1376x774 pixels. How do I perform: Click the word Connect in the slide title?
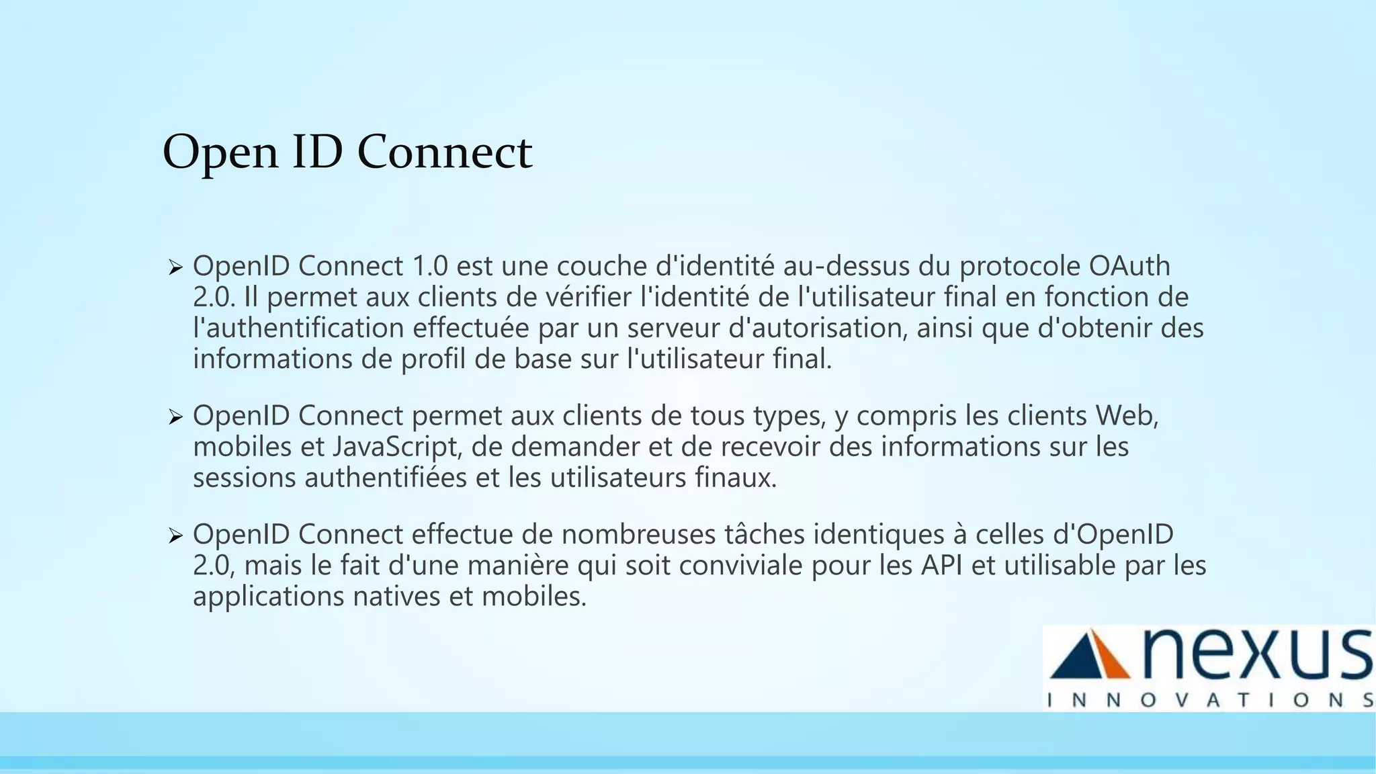pos(444,152)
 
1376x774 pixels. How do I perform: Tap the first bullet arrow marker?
pos(175,268)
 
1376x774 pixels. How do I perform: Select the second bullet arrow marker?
pos(175,418)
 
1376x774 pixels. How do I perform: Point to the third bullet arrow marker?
pos(175,536)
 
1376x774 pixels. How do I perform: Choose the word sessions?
pos(244,478)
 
